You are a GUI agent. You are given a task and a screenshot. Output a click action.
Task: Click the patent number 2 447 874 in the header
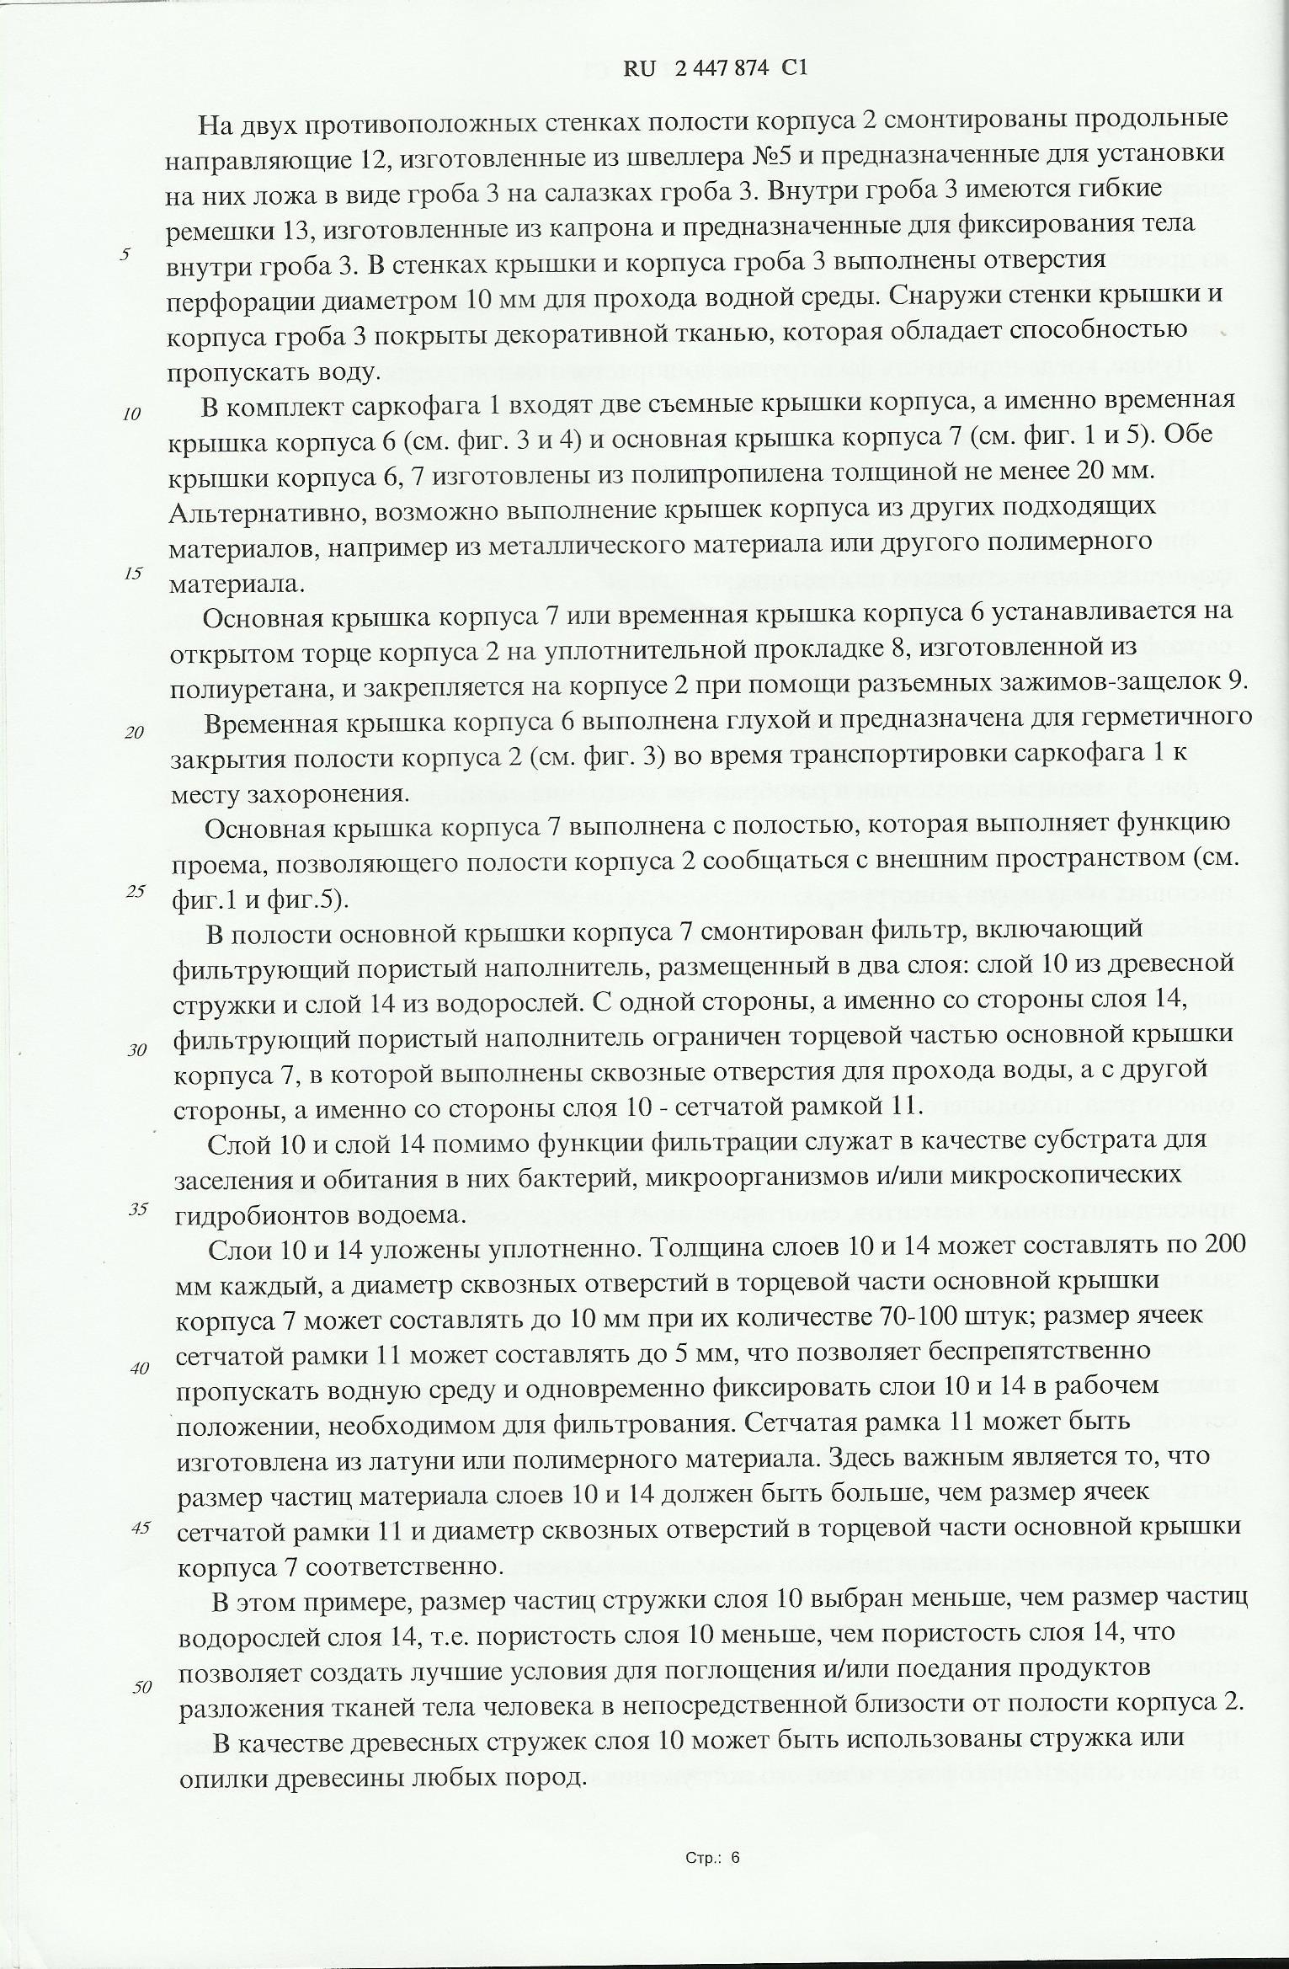(x=722, y=70)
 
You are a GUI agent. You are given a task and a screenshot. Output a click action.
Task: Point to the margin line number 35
(x=138, y=1209)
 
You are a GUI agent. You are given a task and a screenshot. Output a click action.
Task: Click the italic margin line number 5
(x=125, y=254)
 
